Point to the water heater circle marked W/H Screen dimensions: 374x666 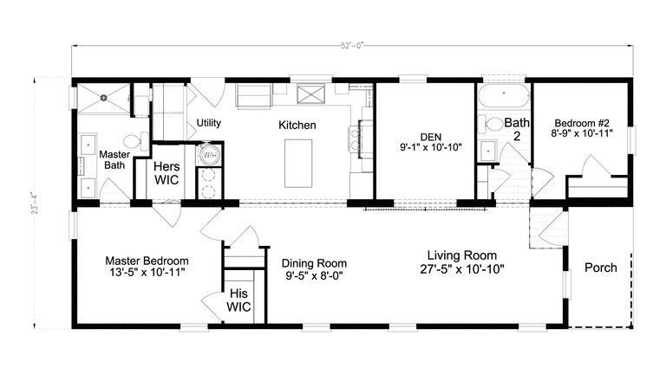pyautogui.click(x=210, y=155)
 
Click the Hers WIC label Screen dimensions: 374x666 pyautogui.click(x=166, y=172)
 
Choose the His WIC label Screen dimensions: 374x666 pyautogui.click(x=238, y=300)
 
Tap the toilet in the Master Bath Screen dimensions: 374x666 pyautogui.click(x=132, y=141)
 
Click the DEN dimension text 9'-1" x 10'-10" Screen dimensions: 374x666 pyautogui.click(x=429, y=148)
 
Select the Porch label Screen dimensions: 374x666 pyautogui.click(x=599, y=268)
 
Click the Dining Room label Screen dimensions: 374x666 pyautogui.click(x=314, y=263)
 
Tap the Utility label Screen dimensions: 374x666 pyautogui.click(x=208, y=123)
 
